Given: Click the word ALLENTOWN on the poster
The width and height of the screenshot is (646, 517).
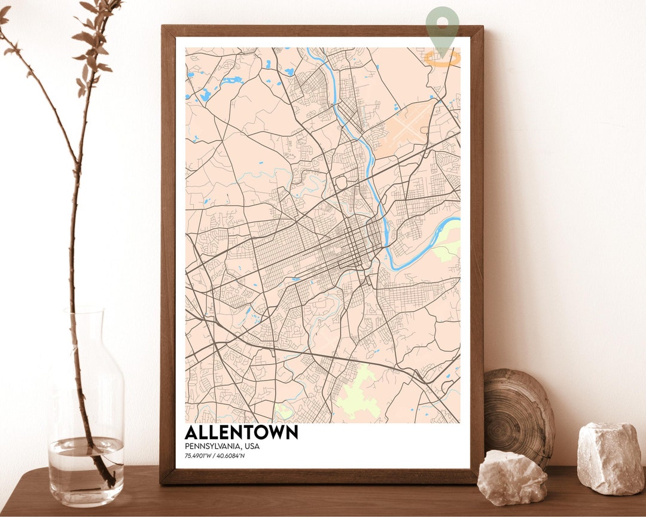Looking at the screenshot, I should [241, 432].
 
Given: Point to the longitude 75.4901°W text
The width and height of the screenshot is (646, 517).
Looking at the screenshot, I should [197, 457].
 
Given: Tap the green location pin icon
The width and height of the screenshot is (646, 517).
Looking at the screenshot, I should [443, 27].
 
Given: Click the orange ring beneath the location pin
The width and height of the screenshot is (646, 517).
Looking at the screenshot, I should [443, 59].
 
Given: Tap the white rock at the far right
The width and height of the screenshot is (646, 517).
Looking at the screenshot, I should [610, 458].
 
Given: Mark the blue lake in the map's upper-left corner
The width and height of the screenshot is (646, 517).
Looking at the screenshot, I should [206, 94].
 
